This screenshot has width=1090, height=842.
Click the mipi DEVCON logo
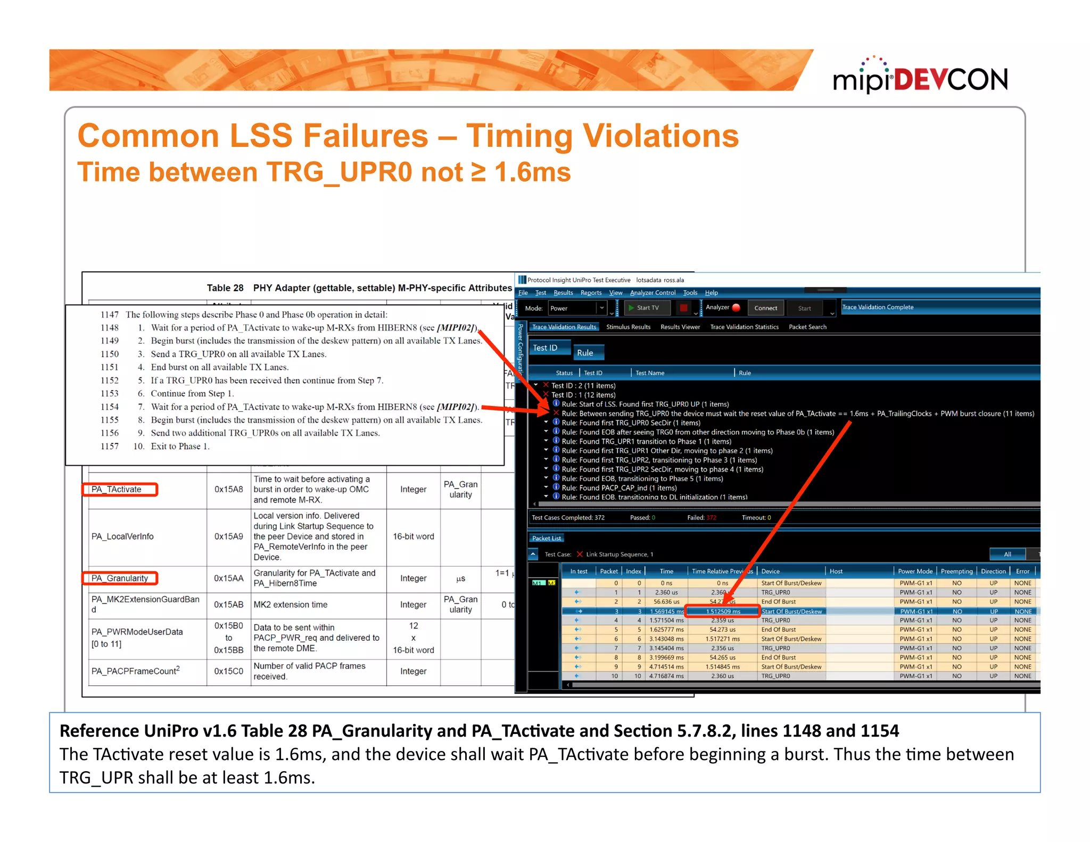coord(920,78)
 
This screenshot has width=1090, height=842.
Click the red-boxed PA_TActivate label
coord(119,489)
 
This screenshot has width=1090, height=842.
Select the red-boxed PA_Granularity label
coord(120,578)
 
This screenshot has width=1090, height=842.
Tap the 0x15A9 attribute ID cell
coord(228,536)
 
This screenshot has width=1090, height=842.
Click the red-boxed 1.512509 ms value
coord(722,611)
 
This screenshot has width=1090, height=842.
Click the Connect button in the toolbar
coord(765,308)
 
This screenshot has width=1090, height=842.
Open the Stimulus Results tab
coord(628,327)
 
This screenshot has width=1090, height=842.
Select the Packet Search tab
coord(807,327)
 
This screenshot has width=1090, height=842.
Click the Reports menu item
coord(591,293)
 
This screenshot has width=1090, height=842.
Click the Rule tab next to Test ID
coord(585,353)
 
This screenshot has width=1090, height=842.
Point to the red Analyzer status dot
coord(737,308)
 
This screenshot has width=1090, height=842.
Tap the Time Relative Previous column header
coord(721,571)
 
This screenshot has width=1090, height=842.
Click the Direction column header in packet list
coord(993,571)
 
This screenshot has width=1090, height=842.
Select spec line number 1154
coord(110,407)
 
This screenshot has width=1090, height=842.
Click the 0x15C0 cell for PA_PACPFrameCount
coord(228,671)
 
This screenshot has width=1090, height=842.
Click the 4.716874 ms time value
coord(666,676)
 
